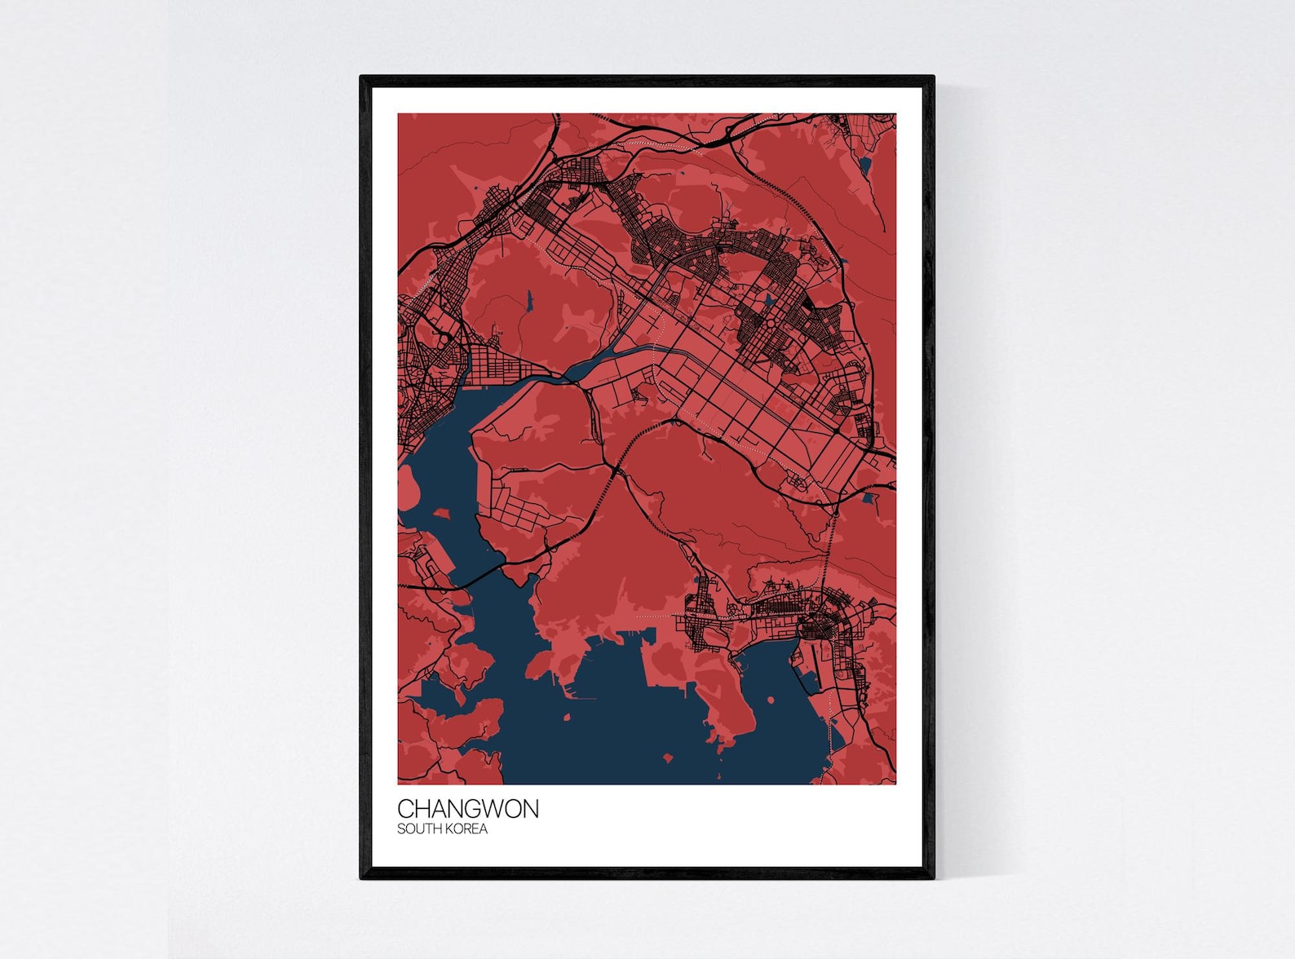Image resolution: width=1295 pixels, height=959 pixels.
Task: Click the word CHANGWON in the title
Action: coord(467,809)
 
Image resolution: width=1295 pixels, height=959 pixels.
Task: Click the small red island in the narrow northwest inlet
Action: coord(443,514)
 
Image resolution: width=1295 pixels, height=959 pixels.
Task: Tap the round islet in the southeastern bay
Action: coord(771,700)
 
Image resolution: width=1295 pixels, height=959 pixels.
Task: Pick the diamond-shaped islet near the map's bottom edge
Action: coord(668,759)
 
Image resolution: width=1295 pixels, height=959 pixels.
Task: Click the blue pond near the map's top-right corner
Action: coord(865,166)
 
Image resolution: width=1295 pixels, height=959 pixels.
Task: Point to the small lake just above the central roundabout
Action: coord(769,302)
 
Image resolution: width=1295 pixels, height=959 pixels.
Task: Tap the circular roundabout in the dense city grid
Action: coord(768,324)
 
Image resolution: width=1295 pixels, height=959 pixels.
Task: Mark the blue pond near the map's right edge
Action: coord(868,497)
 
